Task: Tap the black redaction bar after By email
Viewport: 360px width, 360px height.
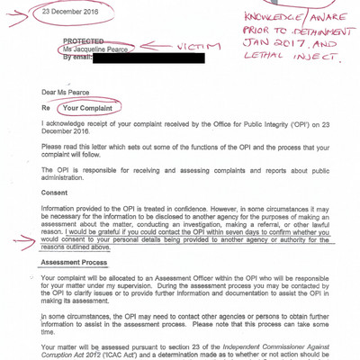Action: coord(154,58)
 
